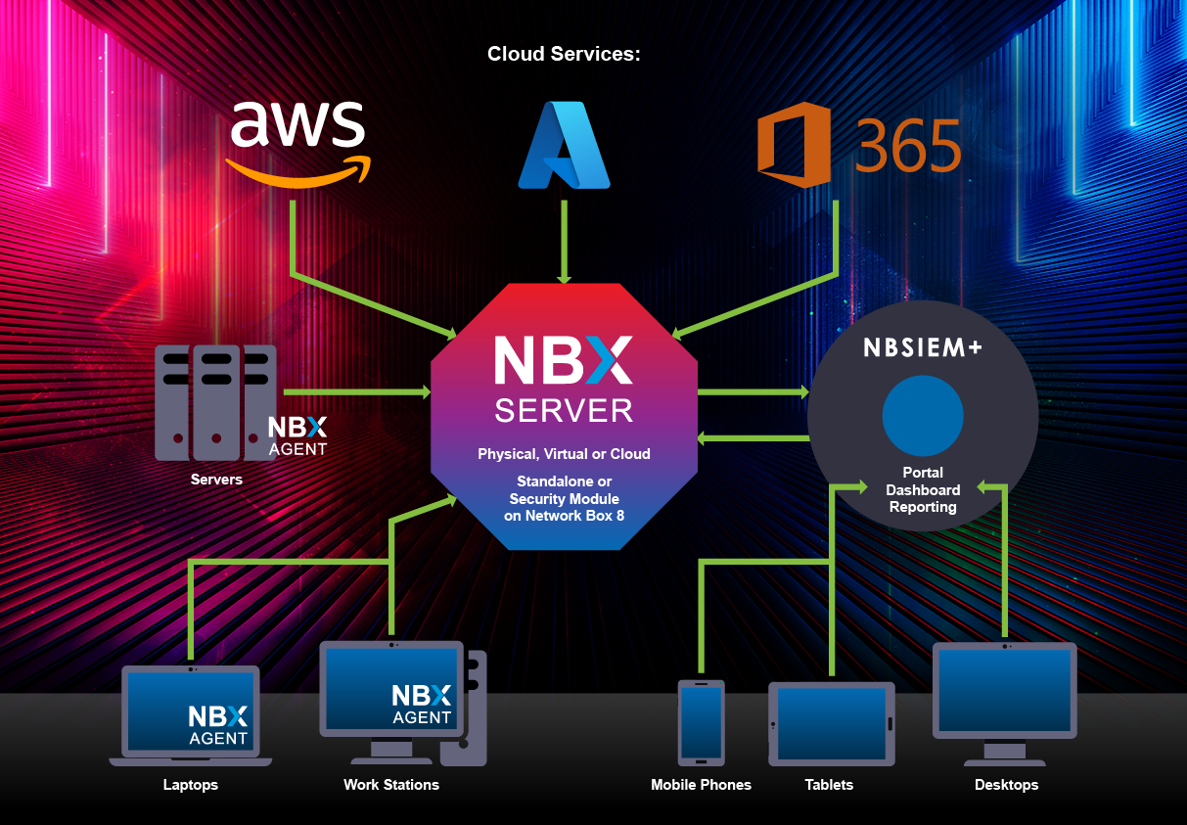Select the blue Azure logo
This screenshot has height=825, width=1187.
point(564,145)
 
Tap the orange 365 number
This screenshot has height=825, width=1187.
point(909,148)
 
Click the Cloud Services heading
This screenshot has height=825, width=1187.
point(564,54)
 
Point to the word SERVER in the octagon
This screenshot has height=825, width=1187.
point(564,411)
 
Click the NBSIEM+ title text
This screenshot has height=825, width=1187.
point(922,349)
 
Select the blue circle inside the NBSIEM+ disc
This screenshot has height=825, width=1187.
point(922,416)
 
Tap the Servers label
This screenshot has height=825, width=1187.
point(216,480)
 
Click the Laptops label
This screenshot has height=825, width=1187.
point(191,785)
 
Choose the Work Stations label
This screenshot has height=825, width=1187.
point(391,785)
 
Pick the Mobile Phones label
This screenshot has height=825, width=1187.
point(701,785)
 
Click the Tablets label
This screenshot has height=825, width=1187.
point(829,785)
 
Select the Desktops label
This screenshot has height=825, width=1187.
point(1006,785)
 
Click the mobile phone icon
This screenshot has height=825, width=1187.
point(701,722)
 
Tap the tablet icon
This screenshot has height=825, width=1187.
point(831,723)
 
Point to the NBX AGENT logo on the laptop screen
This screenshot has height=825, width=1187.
point(218,725)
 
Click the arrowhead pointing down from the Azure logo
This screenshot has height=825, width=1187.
point(564,277)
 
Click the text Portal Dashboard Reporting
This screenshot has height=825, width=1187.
point(922,490)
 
